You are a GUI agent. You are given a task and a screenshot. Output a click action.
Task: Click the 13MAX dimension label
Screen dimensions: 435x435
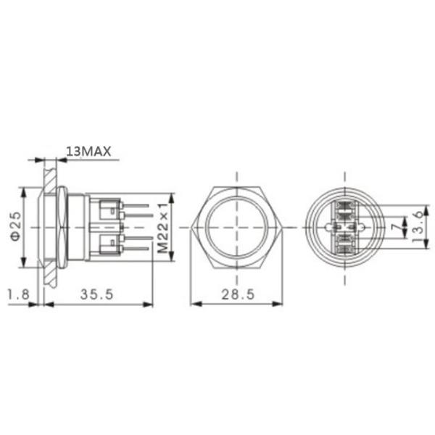click(88, 151)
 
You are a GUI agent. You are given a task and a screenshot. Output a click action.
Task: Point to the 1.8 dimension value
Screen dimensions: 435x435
click(18, 294)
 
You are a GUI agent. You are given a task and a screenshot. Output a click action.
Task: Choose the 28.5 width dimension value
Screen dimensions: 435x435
click(236, 294)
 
